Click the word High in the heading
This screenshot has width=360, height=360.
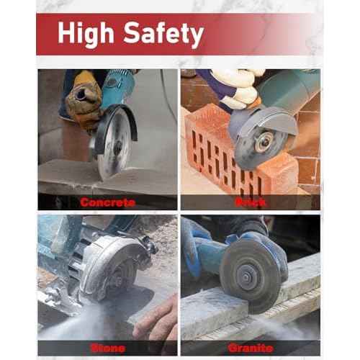point(85,33)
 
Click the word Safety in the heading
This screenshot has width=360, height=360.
point(161,33)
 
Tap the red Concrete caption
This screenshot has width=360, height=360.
point(107,202)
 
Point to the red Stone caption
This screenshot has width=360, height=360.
point(107,348)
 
